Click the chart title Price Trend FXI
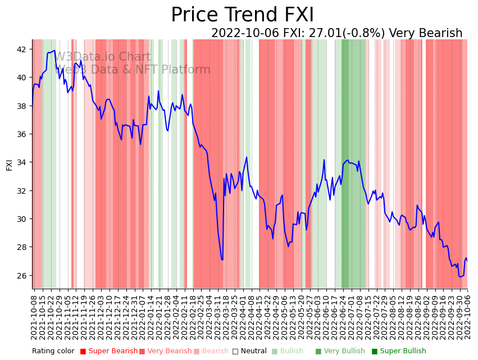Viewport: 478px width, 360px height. point(242,15)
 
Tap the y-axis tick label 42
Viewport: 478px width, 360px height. point(22,49)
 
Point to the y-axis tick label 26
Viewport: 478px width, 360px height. point(22,276)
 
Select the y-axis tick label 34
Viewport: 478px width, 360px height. point(22,162)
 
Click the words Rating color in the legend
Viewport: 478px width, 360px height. point(53,351)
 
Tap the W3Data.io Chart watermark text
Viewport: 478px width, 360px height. point(103,57)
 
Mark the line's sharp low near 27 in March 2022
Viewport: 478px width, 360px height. point(222,259)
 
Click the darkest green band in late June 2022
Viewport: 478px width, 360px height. point(345,163)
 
